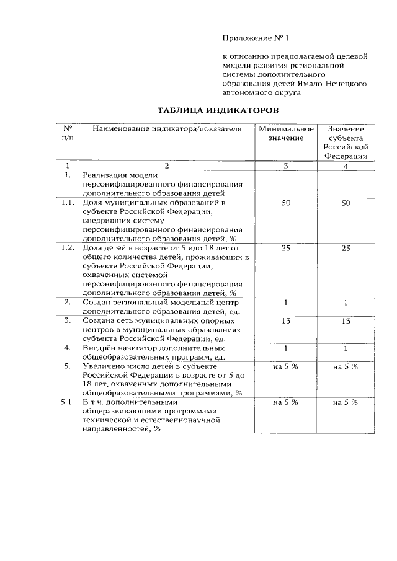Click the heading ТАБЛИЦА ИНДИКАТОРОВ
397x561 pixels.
point(213,110)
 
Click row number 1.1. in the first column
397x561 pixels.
point(68,203)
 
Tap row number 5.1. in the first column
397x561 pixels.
point(68,402)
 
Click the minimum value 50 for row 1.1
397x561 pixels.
point(286,203)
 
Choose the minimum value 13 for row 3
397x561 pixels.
point(286,321)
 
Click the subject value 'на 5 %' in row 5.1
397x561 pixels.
point(346,402)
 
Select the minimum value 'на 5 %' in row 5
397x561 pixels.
point(286,366)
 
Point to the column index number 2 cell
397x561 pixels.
point(166,166)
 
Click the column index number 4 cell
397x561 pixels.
point(346,166)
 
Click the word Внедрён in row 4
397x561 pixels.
point(100,348)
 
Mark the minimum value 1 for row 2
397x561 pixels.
point(286,303)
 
